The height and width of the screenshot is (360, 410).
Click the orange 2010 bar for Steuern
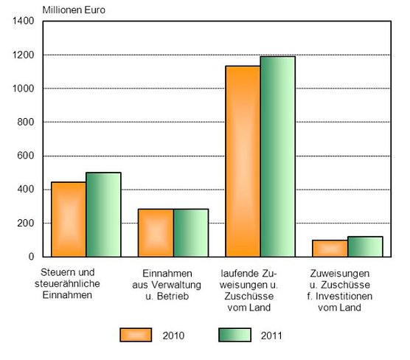point(69,219)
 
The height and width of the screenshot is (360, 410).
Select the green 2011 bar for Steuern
point(103,215)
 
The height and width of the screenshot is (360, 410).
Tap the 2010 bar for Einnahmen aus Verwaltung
point(156,232)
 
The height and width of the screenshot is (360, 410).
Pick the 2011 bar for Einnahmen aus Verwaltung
point(191,232)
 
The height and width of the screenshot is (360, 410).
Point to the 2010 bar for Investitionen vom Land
point(330,248)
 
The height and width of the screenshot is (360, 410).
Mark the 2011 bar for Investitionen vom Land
point(365,246)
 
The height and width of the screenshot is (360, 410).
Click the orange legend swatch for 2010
point(136,336)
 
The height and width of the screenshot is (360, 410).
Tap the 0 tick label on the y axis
point(32,257)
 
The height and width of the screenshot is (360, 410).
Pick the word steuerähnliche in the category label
point(72,284)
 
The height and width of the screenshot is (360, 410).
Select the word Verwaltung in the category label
point(180,284)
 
